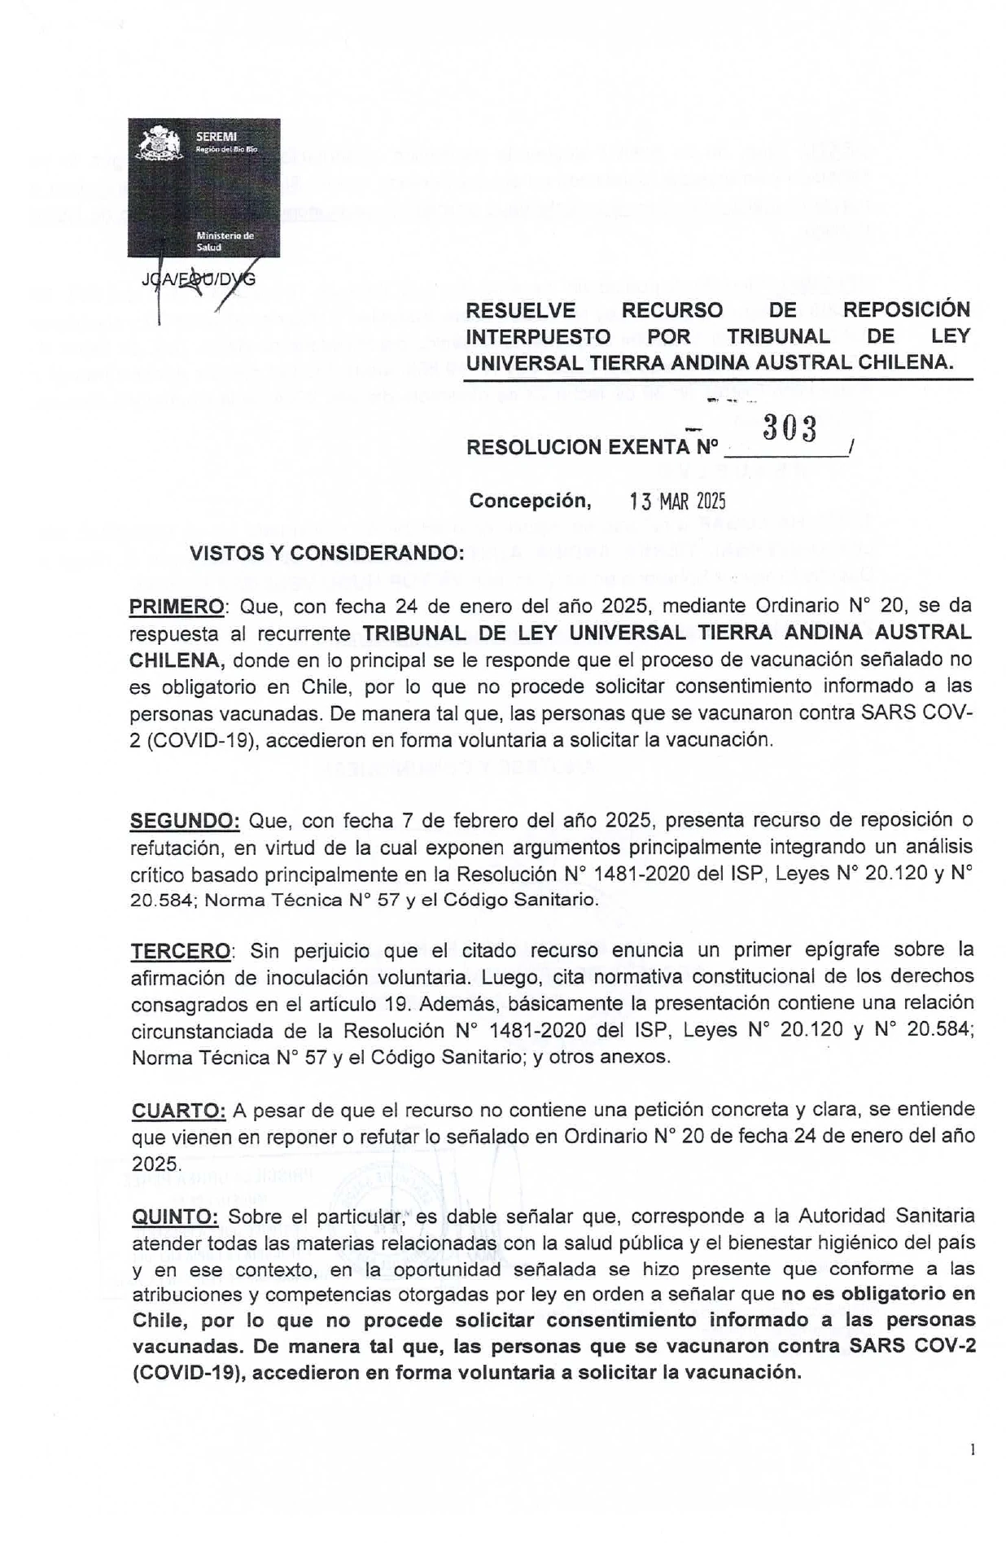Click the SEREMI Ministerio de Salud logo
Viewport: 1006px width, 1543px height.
point(203,188)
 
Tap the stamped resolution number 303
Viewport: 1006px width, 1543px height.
point(789,428)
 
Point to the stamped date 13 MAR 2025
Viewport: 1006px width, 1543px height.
point(678,501)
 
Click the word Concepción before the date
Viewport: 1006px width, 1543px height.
point(530,500)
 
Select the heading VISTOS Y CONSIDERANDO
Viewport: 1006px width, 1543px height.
point(326,553)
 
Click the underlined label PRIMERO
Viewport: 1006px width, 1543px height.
point(177,607)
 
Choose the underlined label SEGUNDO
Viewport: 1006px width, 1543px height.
point(185,820)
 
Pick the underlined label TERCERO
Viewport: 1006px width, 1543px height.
point(181,950)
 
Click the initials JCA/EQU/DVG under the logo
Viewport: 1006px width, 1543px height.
point(199,279)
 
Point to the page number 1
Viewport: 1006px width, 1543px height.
point(973,1449)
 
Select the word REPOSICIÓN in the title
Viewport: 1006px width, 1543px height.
point(906,310)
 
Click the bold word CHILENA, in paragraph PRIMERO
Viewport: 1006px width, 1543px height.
point(174,660)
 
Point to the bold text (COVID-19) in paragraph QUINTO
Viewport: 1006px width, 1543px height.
point(188,1372)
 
